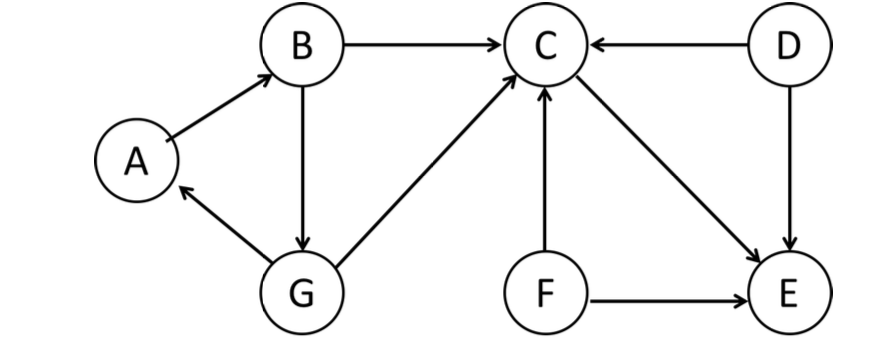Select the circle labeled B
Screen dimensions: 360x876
[x=301, y=46]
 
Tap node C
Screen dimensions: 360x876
[x=545, y=46]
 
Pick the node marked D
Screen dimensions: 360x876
[x=789, y=46]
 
